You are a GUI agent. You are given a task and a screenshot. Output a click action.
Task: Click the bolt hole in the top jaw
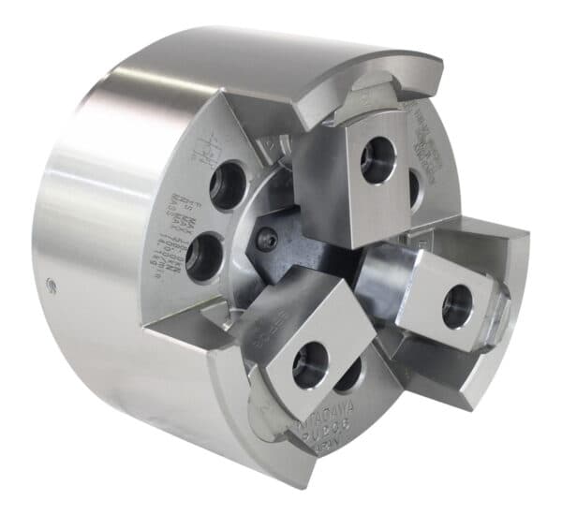[x=378, y=160]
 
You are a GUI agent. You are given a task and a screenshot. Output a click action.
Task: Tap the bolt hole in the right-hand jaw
[x=457, y=305]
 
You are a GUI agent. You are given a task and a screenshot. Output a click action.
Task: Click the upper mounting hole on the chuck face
[x=228, y=184]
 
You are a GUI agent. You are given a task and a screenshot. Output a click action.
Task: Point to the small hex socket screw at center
[x=268, y=241]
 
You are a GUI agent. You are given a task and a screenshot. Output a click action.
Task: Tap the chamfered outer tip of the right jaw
[x=501, y=304]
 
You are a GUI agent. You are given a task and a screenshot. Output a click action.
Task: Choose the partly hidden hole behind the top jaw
[x=414, y=186]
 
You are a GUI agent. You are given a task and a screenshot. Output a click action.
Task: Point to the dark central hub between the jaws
[x=309, y=248]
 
